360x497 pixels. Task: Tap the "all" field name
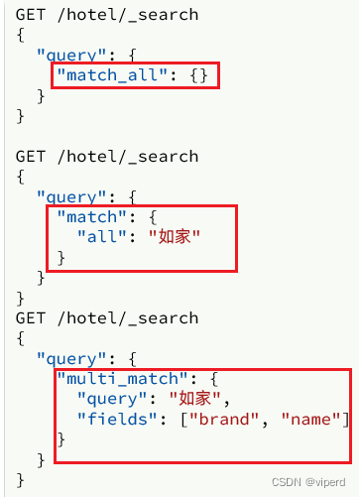(102, 237)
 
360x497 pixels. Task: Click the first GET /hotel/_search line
(106, 15)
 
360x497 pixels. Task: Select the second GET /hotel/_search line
(106, 157)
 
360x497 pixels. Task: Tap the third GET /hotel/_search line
(106, 318)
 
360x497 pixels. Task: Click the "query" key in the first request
(71, 56)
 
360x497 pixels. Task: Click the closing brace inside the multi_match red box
(61, 438)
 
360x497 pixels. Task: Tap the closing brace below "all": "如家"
(61, 257)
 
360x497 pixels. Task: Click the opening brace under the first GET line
(20, 36)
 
